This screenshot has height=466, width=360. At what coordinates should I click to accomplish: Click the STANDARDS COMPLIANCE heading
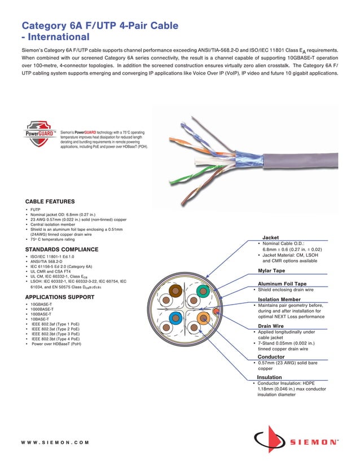coord(62,249)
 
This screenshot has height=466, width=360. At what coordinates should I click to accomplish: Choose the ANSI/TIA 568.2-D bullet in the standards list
coord(46,261)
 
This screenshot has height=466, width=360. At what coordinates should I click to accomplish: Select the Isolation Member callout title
coord(279,299)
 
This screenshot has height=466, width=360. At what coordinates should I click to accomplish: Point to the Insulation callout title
coord(269,377)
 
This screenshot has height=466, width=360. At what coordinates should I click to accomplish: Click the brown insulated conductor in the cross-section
coord(175,292)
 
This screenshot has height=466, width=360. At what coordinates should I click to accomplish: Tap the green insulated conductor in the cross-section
coord(201,292)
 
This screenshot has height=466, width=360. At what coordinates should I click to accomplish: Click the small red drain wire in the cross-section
coord(216,310)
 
